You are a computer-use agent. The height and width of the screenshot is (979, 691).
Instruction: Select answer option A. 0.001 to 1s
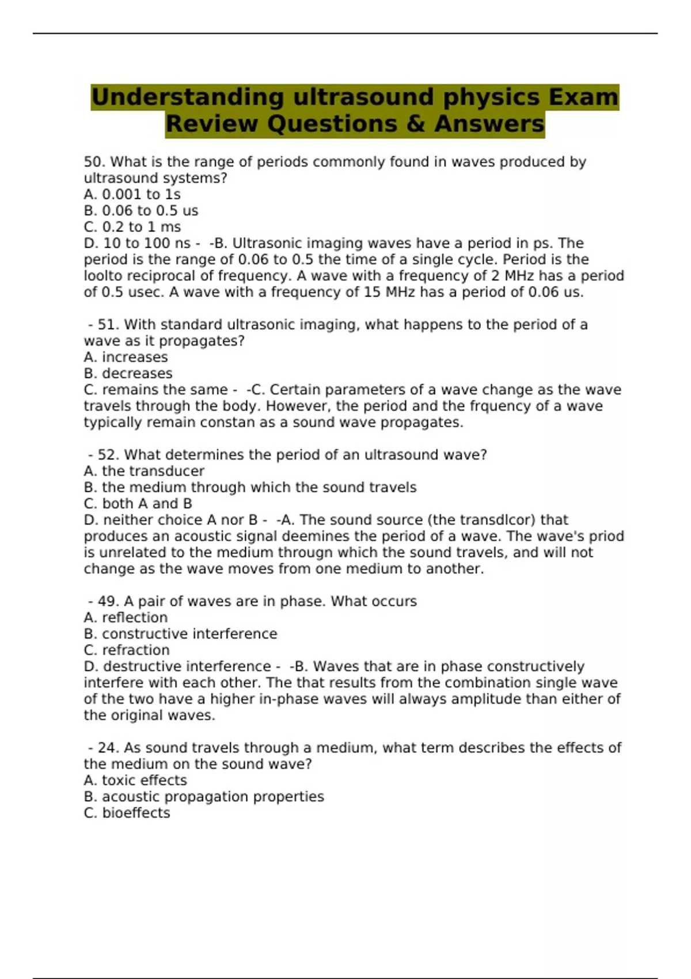(132, 195)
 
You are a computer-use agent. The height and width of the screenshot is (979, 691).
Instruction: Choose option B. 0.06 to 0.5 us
(141, 211)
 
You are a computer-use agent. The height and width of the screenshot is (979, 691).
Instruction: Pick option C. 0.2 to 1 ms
(132, 227)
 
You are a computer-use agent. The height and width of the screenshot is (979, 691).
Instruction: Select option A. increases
(126, 357)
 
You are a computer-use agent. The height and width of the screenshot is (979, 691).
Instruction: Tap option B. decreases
(128, 373)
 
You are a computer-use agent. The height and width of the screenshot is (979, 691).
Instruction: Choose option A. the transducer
(144, 471)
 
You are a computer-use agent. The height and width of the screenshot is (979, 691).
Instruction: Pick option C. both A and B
(138, 503)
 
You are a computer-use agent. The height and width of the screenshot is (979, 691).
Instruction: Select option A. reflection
(126, 617)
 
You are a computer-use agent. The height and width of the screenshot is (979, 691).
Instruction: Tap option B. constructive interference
(180, 633)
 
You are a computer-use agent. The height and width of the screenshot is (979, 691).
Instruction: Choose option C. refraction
(127, 650)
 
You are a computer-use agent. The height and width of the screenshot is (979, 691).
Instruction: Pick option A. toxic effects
(135, 780)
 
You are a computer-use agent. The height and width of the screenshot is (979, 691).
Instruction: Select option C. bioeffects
(127, 813)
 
